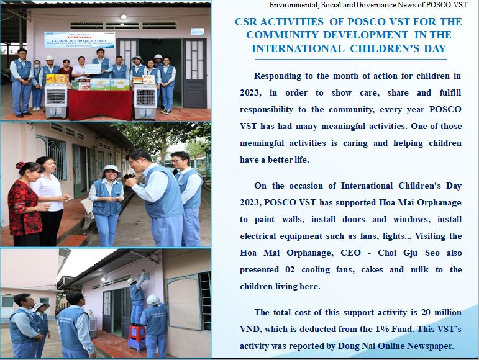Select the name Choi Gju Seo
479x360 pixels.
(x=409, y=253)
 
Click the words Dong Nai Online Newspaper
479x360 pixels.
(x=396, y=346)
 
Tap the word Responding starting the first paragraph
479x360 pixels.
(x=277, y=76)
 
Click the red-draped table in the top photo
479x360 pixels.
(x=100, y=105)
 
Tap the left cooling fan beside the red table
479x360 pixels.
(x=56, y=101)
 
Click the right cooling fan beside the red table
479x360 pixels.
(x=145, y=101)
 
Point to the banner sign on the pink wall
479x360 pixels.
(x=80, y=40)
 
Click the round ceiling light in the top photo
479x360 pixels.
(x=124, y=17)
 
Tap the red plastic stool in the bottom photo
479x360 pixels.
(x=137, y=338)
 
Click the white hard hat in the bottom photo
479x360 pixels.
(x=153, y=300)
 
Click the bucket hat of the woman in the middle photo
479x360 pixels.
(x=110, y=171)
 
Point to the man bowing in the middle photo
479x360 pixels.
(x=155, y=197)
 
